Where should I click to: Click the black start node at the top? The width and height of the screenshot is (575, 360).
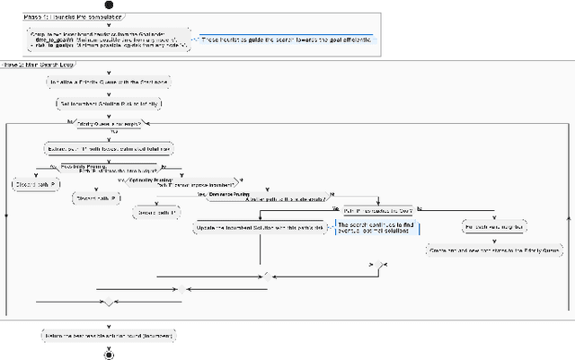point(109,4)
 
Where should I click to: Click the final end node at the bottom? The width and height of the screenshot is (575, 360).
point(109,355)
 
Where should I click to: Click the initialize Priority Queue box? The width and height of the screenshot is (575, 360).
point(108,82)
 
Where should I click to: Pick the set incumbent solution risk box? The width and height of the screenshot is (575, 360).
point(108,103)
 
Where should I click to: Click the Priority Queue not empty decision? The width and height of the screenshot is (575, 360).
point(108,123)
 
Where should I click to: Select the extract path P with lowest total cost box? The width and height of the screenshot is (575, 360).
point(109,146)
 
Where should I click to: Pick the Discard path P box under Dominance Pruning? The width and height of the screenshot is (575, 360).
point(154,213)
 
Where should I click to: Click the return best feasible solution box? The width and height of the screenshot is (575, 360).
point(109,334)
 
